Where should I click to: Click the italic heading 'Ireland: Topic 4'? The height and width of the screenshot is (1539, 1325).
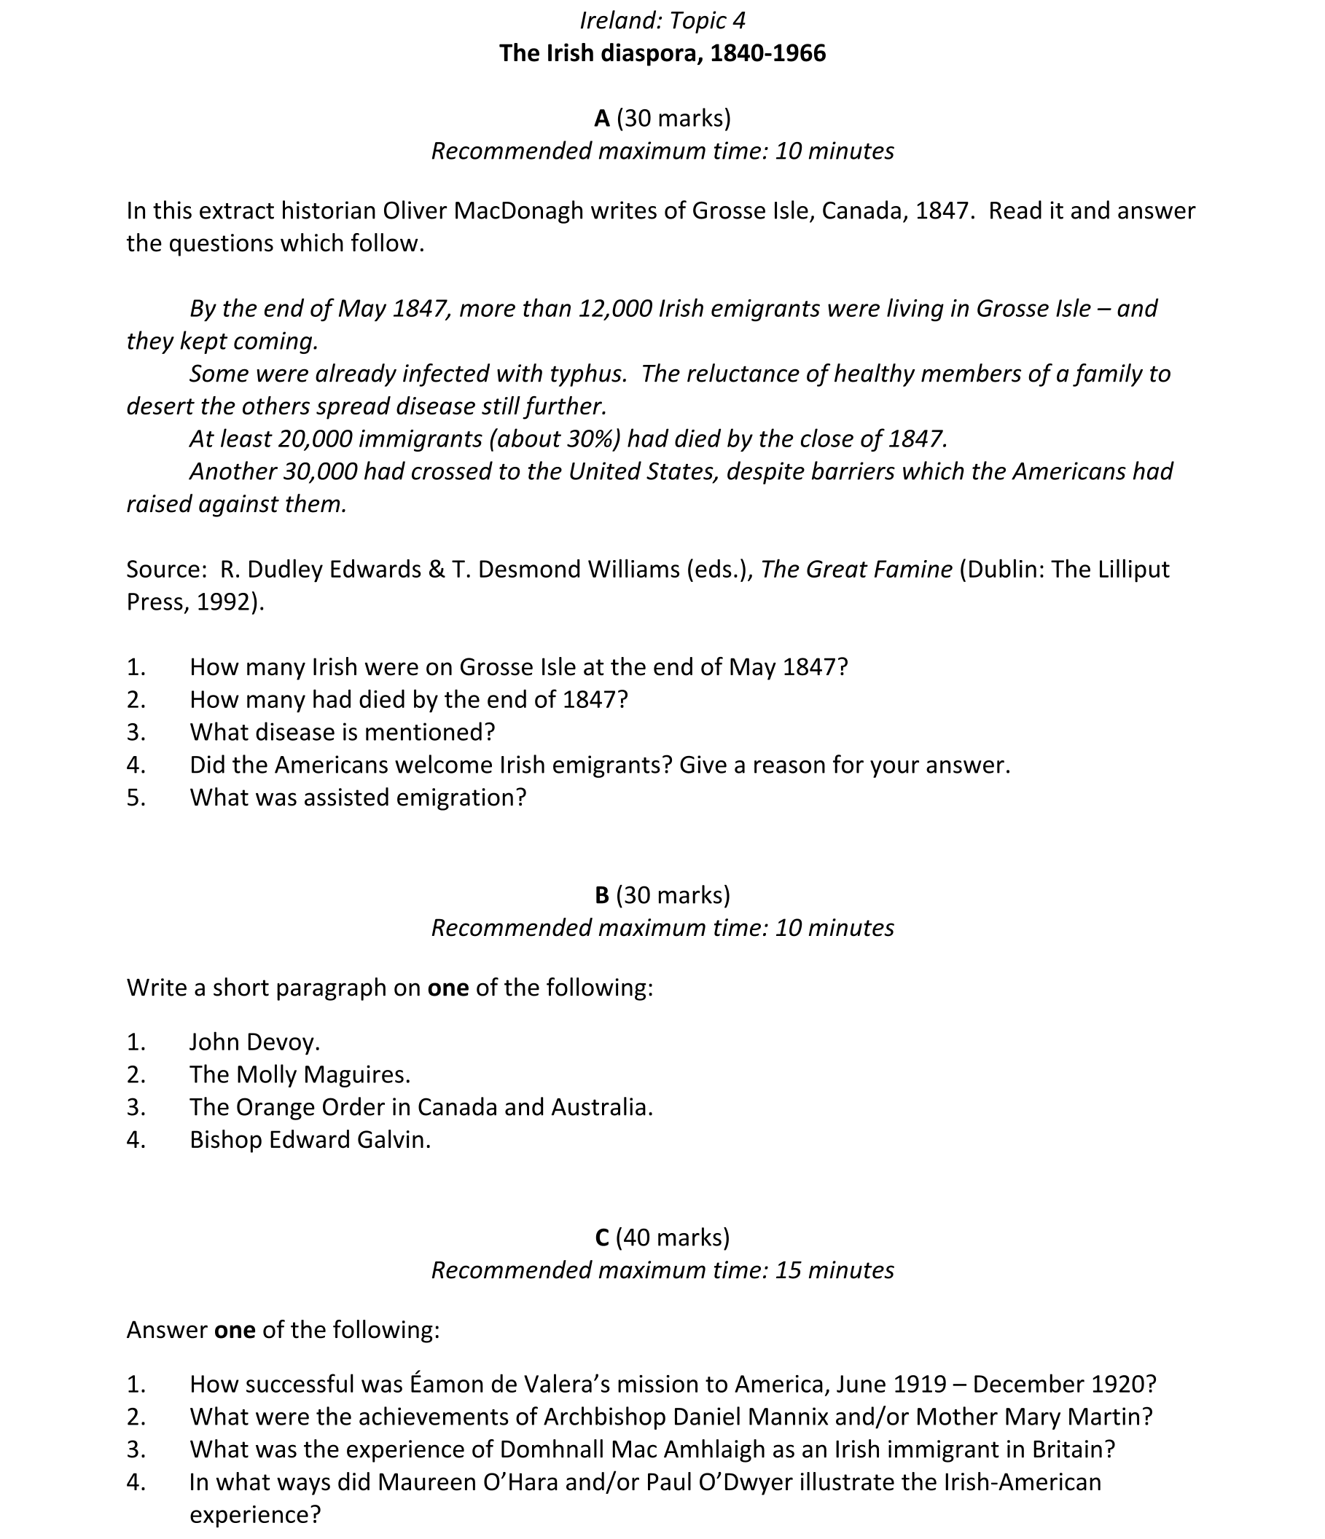tap(662, 21)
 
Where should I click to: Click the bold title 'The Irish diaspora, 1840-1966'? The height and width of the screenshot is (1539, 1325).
tap(662, 53)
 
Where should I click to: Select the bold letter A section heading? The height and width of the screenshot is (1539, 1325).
tap(601, 118)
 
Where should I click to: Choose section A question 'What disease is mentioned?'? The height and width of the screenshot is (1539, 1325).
tap(342, 733)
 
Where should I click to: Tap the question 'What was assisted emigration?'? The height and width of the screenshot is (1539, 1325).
tap(357, 798)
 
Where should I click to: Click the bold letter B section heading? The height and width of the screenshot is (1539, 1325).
tap(601, 895)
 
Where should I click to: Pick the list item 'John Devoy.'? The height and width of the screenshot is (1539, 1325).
tap(254, 1042)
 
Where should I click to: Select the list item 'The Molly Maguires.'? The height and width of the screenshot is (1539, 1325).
tap(300, 1075)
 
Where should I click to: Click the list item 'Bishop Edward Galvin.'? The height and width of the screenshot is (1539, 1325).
tap(310, 1139)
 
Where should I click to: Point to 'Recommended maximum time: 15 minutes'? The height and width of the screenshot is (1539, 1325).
tap(662, 1270)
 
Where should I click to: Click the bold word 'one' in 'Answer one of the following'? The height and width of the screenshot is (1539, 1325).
tap(235, 1329)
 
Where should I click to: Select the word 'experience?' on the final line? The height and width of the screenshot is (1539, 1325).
tap(255, 1514)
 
